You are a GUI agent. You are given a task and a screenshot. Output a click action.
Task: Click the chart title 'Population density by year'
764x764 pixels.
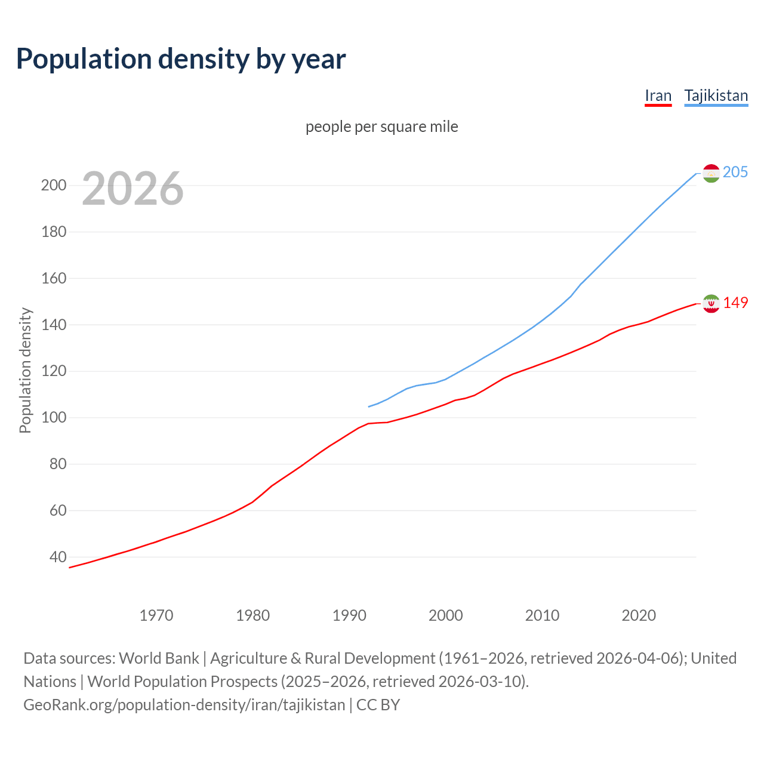[181, 58]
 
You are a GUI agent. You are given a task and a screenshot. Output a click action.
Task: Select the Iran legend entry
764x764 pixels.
[658, 95]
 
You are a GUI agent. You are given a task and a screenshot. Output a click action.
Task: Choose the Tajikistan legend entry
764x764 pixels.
[716, 95]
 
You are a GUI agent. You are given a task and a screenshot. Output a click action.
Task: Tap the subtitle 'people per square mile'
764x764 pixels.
[381, 127]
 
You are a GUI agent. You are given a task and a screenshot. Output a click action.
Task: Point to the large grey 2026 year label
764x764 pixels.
[133, 189]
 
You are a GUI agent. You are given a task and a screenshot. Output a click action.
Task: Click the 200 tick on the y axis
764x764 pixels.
[53, 185]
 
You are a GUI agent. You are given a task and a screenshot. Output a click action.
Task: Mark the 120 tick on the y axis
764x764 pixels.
[53, 371]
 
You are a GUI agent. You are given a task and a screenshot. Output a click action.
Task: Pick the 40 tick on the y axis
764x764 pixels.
[57, 557]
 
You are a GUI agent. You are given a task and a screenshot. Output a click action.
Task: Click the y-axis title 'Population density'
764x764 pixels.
[25, 370]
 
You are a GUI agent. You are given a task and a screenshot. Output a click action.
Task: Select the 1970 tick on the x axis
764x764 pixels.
[156, 615]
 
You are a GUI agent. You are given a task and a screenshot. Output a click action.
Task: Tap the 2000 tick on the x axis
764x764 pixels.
[446, 615]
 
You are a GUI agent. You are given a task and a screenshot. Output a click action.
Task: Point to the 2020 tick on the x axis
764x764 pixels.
[639, 615]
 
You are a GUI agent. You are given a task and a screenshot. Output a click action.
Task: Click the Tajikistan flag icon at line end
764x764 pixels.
[711, 173]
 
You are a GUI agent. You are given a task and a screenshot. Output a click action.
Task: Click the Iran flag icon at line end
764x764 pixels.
[711, 304]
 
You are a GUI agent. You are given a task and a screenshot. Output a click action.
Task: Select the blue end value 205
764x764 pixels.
[735, 172]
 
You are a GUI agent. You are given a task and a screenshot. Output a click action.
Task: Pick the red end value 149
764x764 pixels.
[735, 303]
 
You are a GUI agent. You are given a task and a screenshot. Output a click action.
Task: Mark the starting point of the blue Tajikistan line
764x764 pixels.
[369, 406]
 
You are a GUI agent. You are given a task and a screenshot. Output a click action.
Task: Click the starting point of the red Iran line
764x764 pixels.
[69, 568]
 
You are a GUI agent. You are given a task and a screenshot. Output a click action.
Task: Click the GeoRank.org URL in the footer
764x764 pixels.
[184, 704]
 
